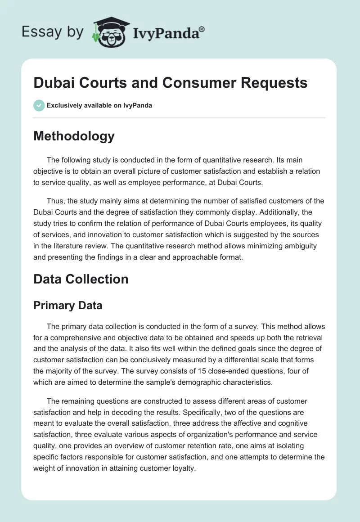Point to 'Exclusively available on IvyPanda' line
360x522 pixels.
99,105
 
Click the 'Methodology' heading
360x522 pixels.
74,136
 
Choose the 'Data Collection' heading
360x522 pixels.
81,279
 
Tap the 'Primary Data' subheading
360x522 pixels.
68,306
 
